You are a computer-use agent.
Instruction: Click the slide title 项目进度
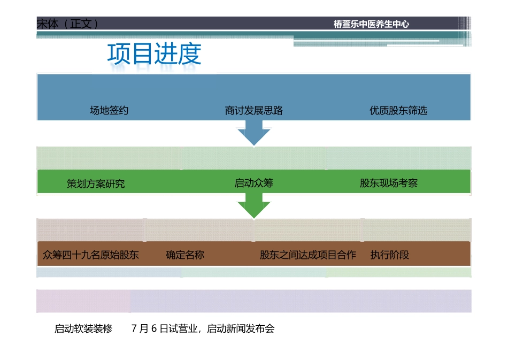coord(154,54)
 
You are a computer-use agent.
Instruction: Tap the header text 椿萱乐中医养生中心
coord(371,24)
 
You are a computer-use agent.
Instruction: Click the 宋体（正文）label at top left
coord(67,24)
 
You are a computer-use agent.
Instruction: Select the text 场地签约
coord(109,111)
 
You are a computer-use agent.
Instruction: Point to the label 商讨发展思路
coord(253,111)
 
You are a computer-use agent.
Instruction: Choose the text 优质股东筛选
coord(398,111)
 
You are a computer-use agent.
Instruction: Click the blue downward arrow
coord(254,133)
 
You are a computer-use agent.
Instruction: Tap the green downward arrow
coord(254,205)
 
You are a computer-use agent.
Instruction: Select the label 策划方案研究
coord(96,183)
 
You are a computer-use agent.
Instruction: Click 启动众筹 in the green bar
coord(253,183)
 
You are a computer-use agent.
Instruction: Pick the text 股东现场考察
coord(389,183)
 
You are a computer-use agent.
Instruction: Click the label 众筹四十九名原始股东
coord(91,255)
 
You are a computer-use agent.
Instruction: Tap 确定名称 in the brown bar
coord(185,255)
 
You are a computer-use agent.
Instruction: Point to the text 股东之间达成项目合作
coord(308,255)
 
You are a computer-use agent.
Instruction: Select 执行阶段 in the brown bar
coord(390,255)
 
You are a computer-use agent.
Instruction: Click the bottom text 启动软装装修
coord(83,328)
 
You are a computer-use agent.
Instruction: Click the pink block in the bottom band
coord(83,301)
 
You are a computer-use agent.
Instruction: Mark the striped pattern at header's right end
coord(465,24)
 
